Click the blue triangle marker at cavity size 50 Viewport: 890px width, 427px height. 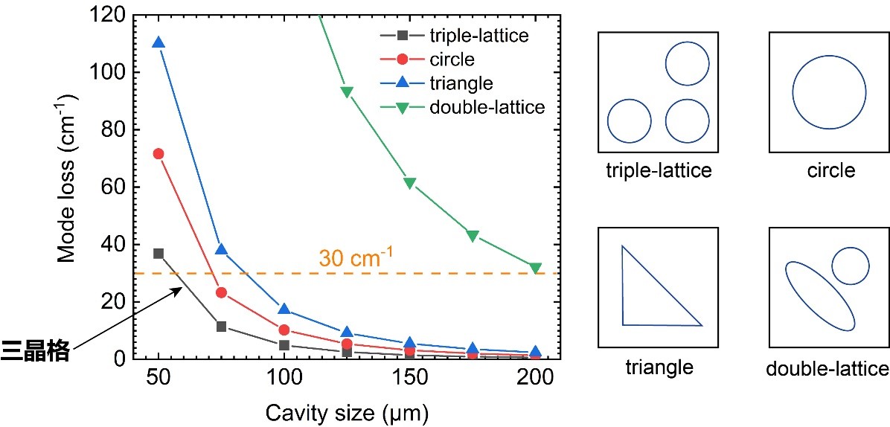[158, 42]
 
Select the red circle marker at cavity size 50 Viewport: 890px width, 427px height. [158, 153]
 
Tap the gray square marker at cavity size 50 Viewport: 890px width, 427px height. [158, 254]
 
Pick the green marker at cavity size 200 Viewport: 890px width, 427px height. [535, 268]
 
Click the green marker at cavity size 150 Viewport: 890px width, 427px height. [409, 183]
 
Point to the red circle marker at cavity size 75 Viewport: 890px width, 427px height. [221, 292]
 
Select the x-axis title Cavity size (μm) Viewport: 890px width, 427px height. [346, 410]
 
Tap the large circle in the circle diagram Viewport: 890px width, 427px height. [829, 92]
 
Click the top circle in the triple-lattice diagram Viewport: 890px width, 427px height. [686, 63]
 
